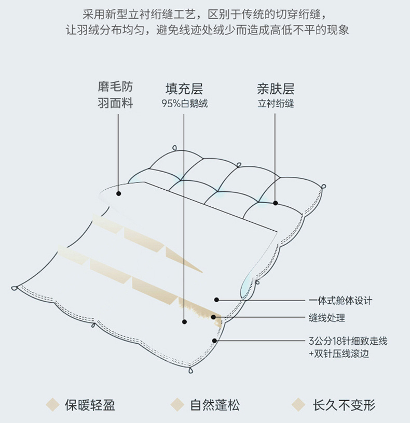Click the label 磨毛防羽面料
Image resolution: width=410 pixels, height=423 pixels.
click(115, 95)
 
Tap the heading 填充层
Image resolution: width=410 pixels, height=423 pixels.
click(184, 88)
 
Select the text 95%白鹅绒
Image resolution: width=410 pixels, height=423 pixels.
click(184, 103)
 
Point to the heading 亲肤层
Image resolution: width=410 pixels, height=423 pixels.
click(276, 88)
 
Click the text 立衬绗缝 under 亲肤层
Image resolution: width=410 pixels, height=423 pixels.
click(276, 103)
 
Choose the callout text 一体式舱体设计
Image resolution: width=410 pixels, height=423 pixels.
click(340, 300)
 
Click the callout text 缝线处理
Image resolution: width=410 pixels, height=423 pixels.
click(326, 318)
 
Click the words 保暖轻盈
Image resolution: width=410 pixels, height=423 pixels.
click(90, 404)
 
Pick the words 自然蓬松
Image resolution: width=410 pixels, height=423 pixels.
click(214, 404)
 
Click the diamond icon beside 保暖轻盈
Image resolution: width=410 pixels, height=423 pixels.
click(53, 404)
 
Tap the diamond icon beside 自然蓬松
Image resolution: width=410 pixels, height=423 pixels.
click(178, 404)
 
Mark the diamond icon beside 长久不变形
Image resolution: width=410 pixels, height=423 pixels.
click(298, 404)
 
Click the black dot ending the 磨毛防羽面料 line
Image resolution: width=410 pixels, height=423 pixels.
click(118, 193)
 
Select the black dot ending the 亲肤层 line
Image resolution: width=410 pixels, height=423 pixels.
click(276, 203)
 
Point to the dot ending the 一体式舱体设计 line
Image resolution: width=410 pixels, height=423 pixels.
click(216, 300)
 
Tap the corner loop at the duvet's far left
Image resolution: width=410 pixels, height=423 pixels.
click(15, 288)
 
